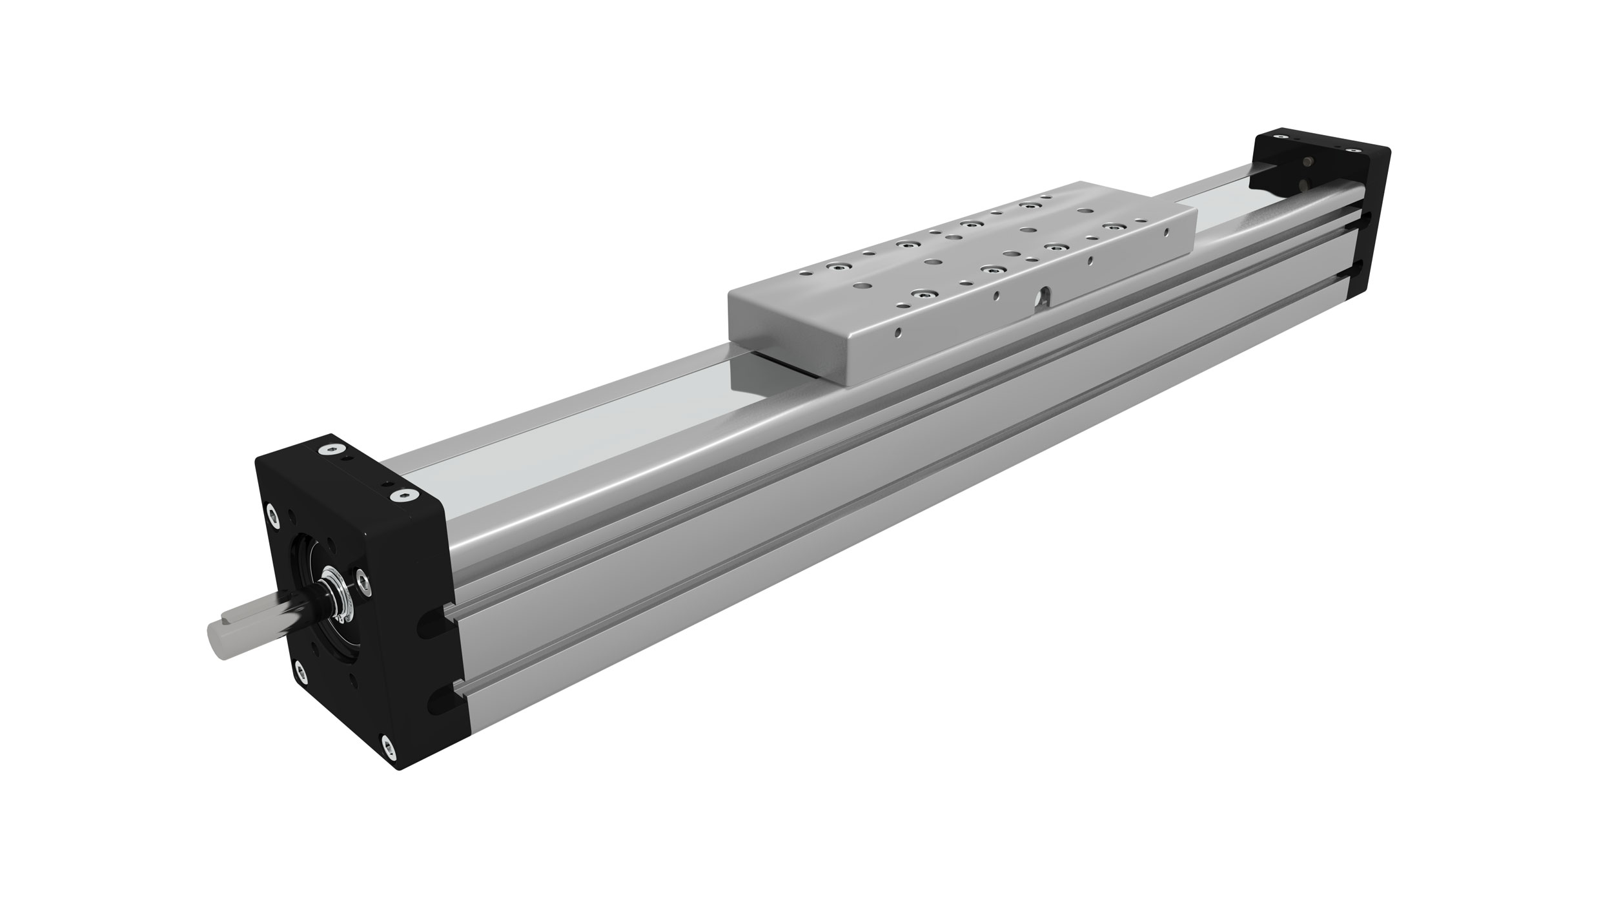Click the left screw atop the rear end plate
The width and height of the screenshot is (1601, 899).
tap(1280, 137)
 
